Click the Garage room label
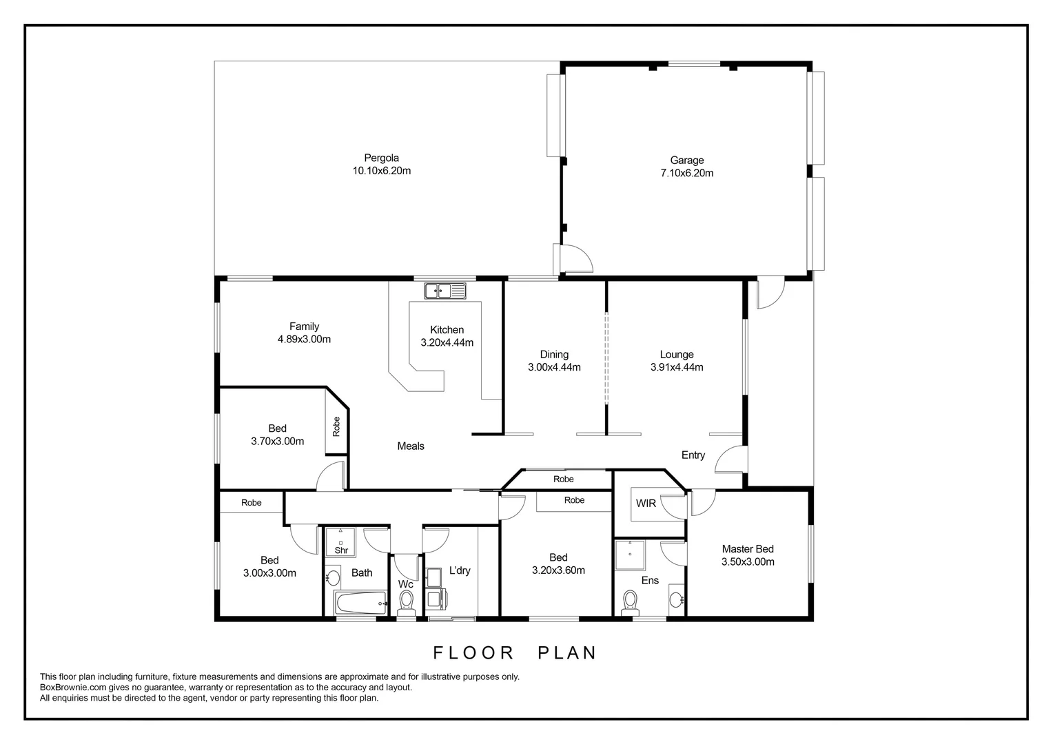pyautogui.click(x=686, y=161)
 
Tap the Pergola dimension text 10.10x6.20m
pyautogui.click(x=382, y=171)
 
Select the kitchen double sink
pyautogui.click(x=445, y=291)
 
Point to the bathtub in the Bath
pyautogui.click(x=361, y=603)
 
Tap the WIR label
pyautogui.click(x=646, y=504)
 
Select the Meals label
pyautogui.click(x=411, y=446)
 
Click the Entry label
pyautogui.click(x=693, y=455)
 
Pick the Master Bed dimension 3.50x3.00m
pyautogui.click(x=748, y=562)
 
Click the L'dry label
pyautogui.click(x=460, y=570)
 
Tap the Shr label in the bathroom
pyautogui.click(x=341, y=550)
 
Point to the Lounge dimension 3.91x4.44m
pyautogui.click(x=677, y=368)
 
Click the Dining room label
pyautogui.click(x=554, y=355)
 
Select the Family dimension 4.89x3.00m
pyautogui.click(x=304, y=340)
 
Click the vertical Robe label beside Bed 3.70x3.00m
pyautogui.click(x=336, y=426)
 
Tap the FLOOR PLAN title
pyautogui.click(x=515, y=652)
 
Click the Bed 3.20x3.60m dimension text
pyautogui.click(x=558, y=570)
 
